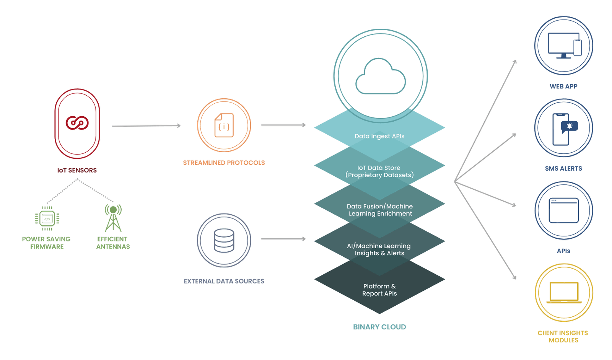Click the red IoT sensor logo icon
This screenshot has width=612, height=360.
click(77, 123)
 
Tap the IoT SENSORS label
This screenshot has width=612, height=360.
click(77, 170)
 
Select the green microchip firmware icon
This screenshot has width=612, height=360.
click(47, 218)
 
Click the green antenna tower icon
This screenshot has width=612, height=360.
click(113, 218)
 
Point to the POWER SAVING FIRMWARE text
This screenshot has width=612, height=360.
click(46, 243)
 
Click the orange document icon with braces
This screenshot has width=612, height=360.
click(224, 125)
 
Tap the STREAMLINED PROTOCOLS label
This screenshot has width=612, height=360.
click(224, 163)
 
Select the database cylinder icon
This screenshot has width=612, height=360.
click(224, 240)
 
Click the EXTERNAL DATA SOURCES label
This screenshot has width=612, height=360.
click(224, 281)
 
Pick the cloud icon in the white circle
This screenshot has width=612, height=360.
click(380, 77)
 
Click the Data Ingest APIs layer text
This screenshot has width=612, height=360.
click(379, 136)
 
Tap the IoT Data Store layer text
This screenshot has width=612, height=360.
click(379, 171)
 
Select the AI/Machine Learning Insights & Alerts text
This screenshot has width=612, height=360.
click(379, 249)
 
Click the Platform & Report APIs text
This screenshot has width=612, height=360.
click(379, 290)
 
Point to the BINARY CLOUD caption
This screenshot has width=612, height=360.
click(379, 327)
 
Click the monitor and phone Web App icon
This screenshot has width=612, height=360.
click(564, 46)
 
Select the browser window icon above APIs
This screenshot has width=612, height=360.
click(564, 210)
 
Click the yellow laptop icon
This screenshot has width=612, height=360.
click(564, 293)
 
